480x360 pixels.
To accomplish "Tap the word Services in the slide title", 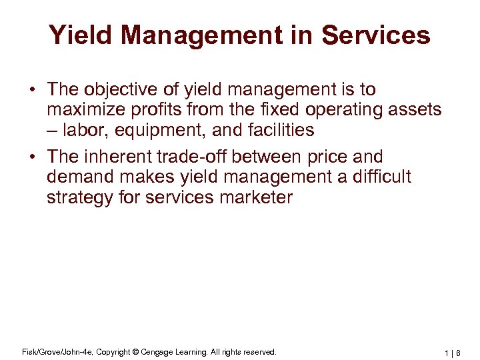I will coord(375,35).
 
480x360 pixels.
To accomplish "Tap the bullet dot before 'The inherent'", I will coord(32,158).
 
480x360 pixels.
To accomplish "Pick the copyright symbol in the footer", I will coord(136,351).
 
